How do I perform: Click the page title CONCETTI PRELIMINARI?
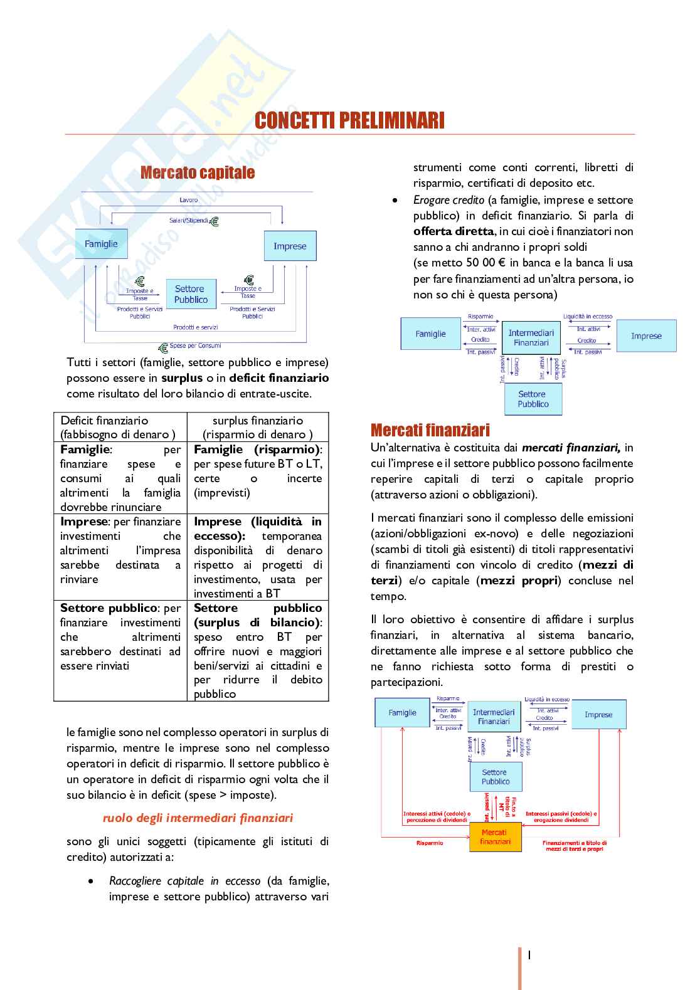349,120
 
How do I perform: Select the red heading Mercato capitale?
198,172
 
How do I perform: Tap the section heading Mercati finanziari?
430,430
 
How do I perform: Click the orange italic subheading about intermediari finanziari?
198,818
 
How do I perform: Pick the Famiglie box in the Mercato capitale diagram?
102,244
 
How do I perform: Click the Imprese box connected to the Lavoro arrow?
290,246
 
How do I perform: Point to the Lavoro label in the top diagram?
188,200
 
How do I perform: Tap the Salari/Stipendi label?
188,221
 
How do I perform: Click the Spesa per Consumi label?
195,345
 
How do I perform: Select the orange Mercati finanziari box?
496,837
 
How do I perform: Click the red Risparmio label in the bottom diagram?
430,843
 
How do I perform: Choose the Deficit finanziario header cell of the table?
120,427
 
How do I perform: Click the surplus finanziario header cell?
258,427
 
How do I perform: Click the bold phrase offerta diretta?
453,231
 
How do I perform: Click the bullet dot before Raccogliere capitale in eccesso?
92,881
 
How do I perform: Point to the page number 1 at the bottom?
529,955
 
